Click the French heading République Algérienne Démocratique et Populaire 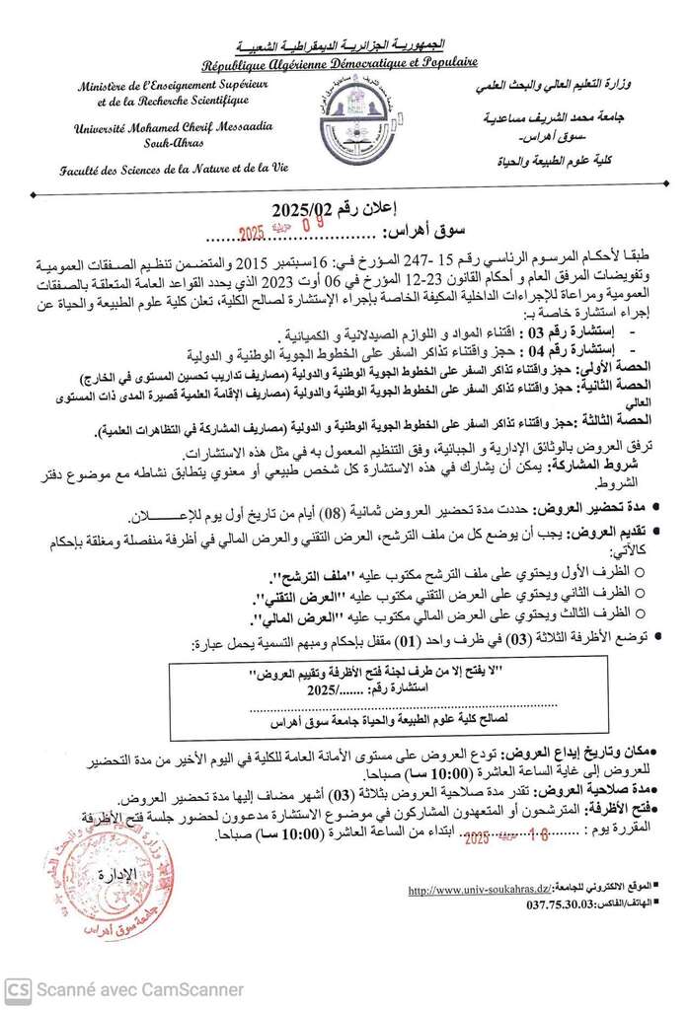tap(340, 63)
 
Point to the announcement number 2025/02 tap(307, 209)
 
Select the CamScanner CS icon tap(17, 988)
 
